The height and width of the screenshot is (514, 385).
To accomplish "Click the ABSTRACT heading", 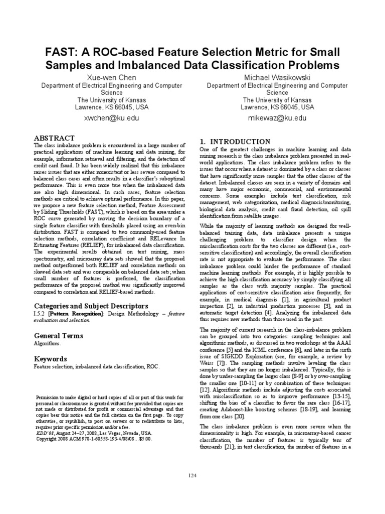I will point(54,138).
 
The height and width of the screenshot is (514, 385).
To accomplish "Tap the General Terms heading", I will point(56,335).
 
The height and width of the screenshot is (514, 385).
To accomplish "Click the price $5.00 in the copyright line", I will point(143,438).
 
